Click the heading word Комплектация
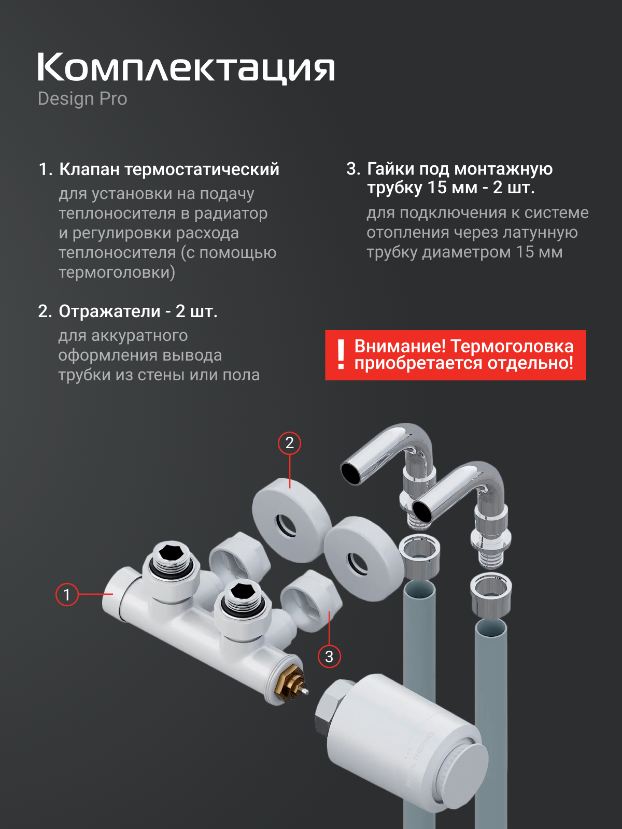(x=186, y=68)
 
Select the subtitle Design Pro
(x=82, y=99)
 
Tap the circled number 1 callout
(x=67, y=594)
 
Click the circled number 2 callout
(x=289, y=443)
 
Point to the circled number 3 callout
(x=329, y=656)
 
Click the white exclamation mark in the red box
(x=341, y=354)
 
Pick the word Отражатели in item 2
(x=109, y=311)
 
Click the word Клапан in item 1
(x=90, y=169)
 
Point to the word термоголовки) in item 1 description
(x=117, y=273)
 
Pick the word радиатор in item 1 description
(x=231, y=214)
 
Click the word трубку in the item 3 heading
(x=394, y=188)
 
